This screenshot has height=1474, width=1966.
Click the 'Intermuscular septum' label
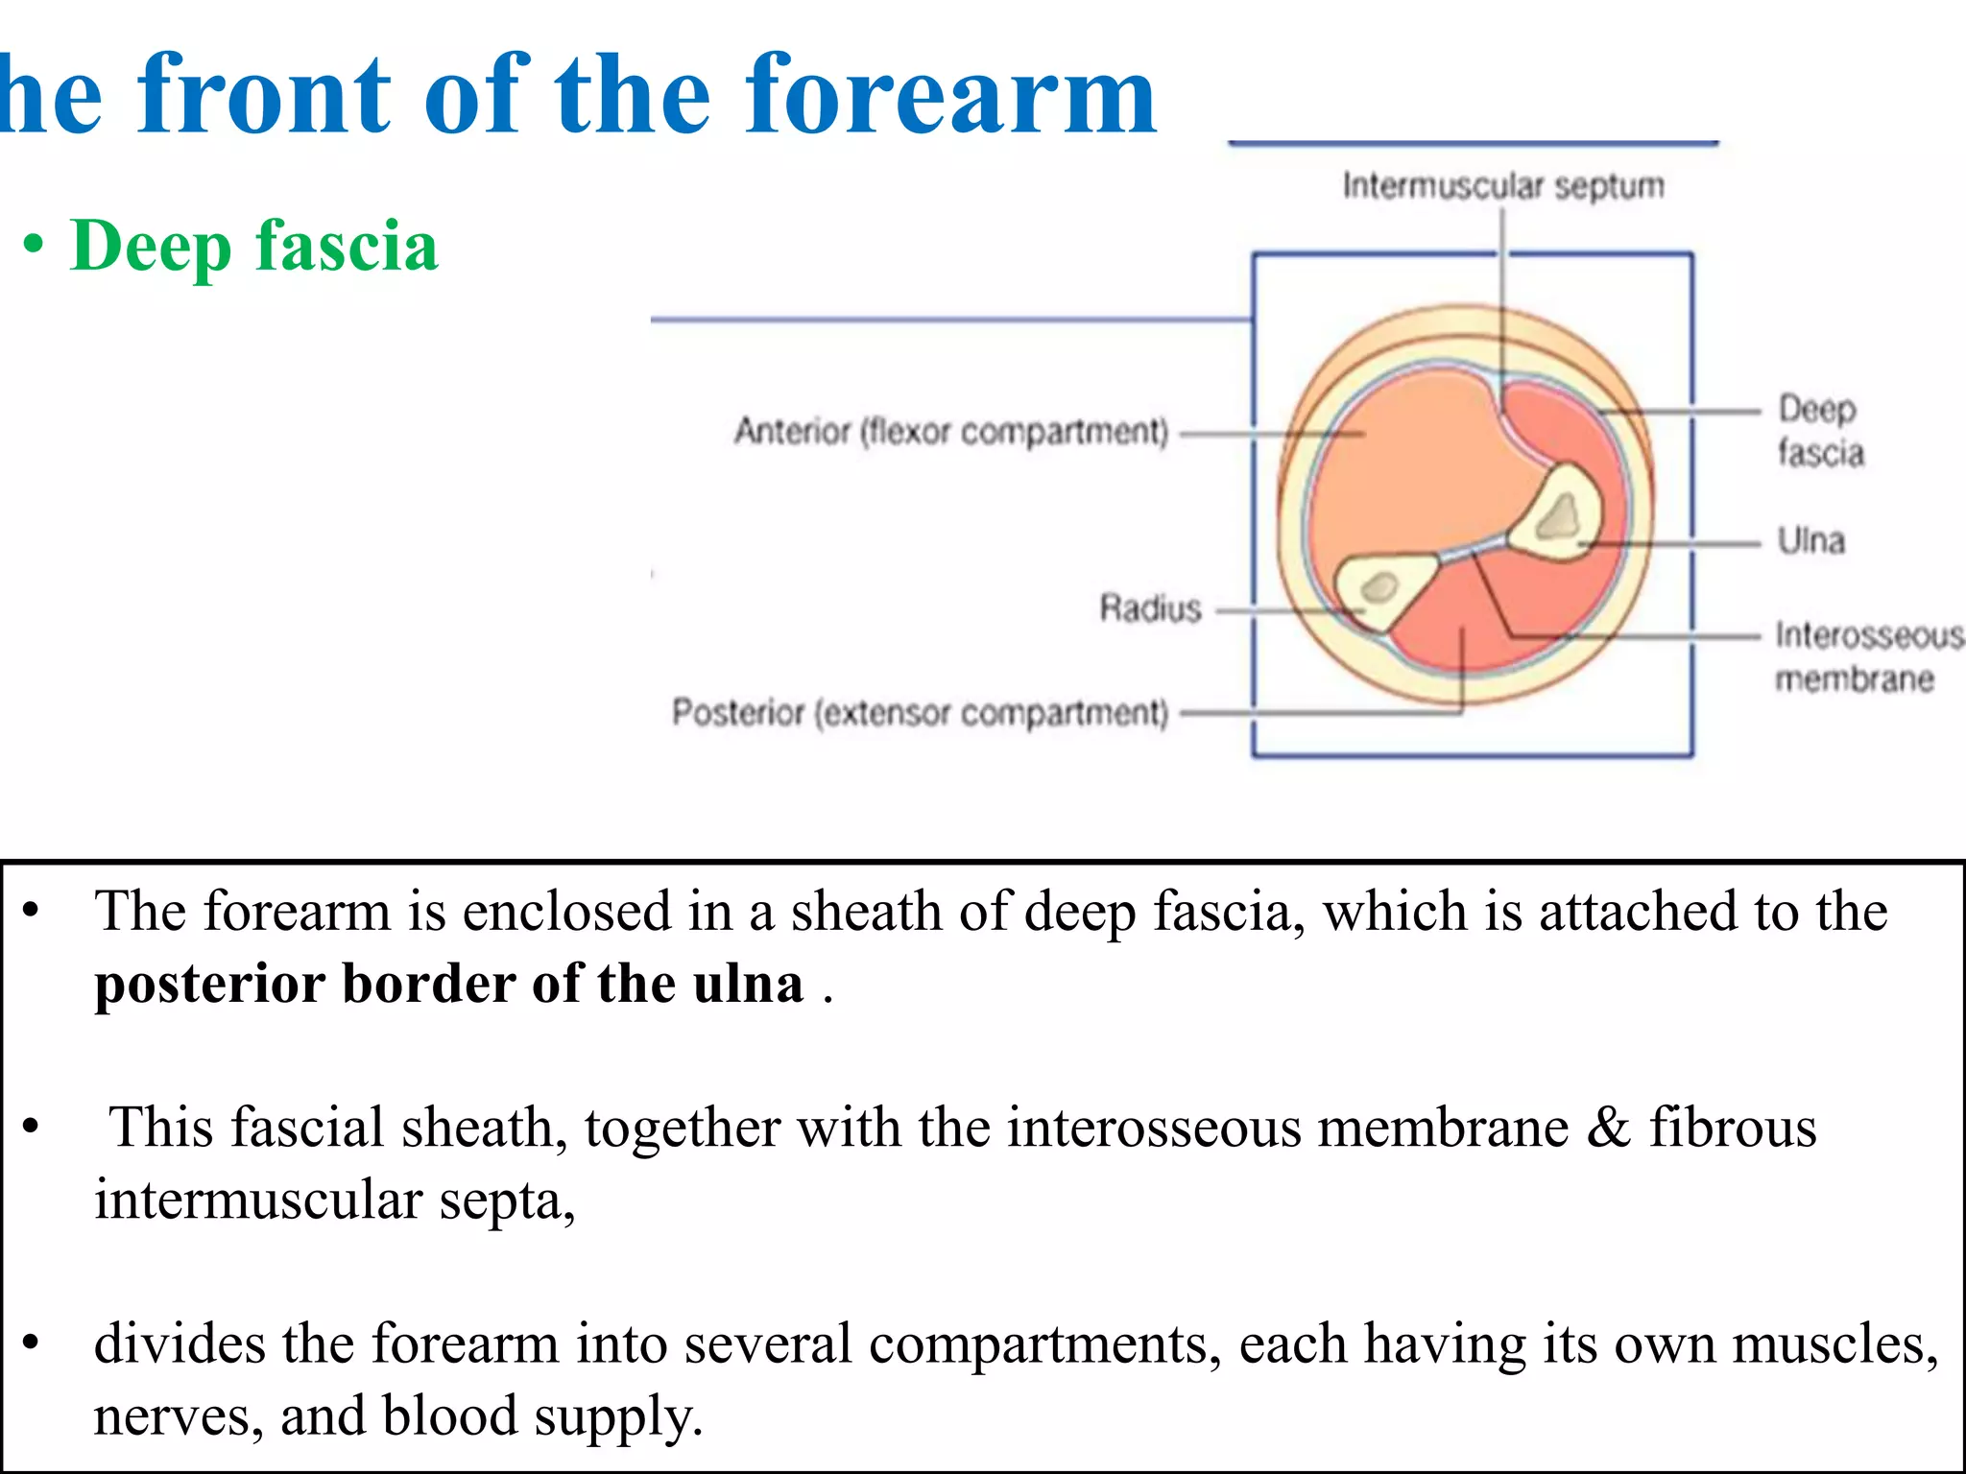1502,185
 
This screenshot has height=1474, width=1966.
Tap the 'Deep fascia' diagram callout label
1819,430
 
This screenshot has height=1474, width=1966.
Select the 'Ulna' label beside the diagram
1810,540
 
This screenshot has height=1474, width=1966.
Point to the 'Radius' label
1150,607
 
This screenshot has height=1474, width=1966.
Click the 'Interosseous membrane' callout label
1867,656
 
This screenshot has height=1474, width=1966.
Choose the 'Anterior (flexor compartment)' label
951,432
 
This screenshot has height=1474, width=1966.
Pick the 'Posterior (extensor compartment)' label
920,712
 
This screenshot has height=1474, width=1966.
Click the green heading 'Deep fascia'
254,247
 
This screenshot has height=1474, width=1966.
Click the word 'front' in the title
265,96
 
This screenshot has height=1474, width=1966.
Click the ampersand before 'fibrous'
1608,1127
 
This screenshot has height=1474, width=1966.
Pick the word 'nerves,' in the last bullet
179,1416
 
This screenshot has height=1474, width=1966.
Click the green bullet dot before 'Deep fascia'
35,246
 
